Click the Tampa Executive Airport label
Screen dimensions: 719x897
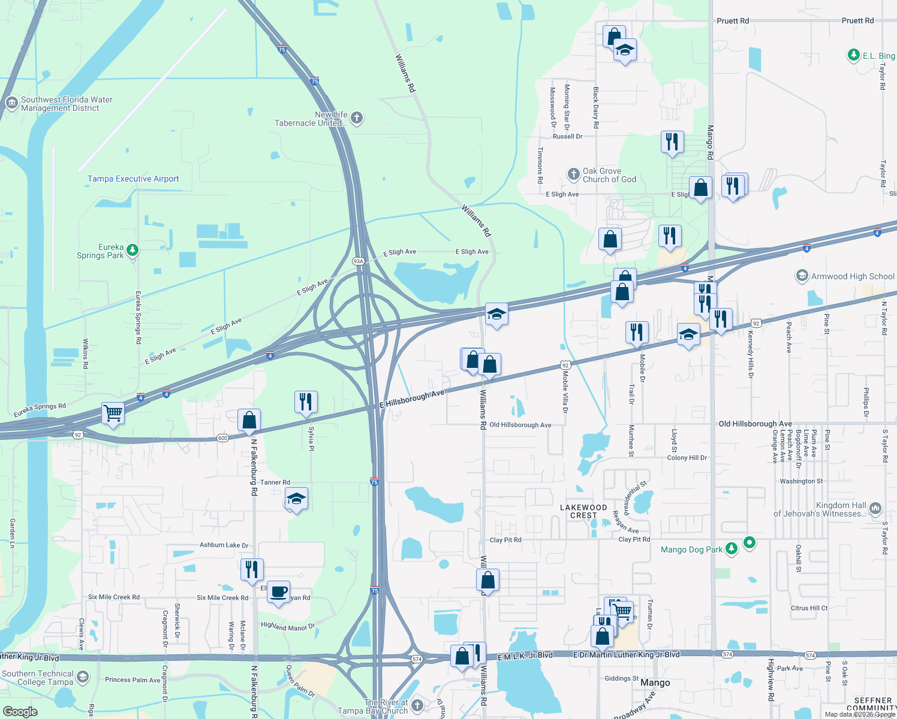133,179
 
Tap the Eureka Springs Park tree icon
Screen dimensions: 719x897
133,250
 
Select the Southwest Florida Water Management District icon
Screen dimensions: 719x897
11,103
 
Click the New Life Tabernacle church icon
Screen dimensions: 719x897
357,117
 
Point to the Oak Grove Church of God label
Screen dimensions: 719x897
609,175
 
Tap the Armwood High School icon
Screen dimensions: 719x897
802,276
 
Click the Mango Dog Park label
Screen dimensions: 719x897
691,549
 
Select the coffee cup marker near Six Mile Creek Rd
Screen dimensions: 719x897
278,592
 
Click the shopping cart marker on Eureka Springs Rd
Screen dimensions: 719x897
113,413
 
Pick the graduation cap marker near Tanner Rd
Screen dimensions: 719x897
296,499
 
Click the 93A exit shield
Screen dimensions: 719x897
358,261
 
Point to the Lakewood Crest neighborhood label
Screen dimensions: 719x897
583,511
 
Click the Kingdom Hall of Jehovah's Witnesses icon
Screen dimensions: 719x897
875,509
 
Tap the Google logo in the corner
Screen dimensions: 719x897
20,711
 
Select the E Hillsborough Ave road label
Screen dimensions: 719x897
412,399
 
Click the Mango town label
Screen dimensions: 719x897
655,682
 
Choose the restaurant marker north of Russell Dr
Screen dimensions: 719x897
672,142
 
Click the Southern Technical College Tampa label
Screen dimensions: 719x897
37,678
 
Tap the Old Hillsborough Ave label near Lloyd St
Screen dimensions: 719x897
755,424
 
